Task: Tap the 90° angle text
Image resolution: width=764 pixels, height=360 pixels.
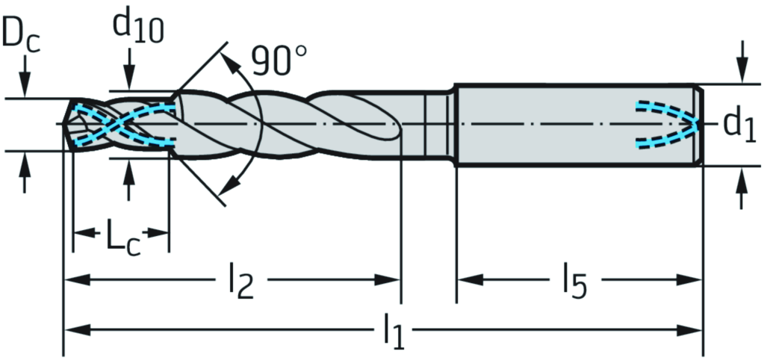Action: pyautogui.click(x=279, y=61)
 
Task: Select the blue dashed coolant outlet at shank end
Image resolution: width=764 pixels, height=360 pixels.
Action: pyautogui.click(x=668, y=124)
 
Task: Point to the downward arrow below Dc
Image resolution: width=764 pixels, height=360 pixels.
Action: pyautogui.click(x=25, y=86)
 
